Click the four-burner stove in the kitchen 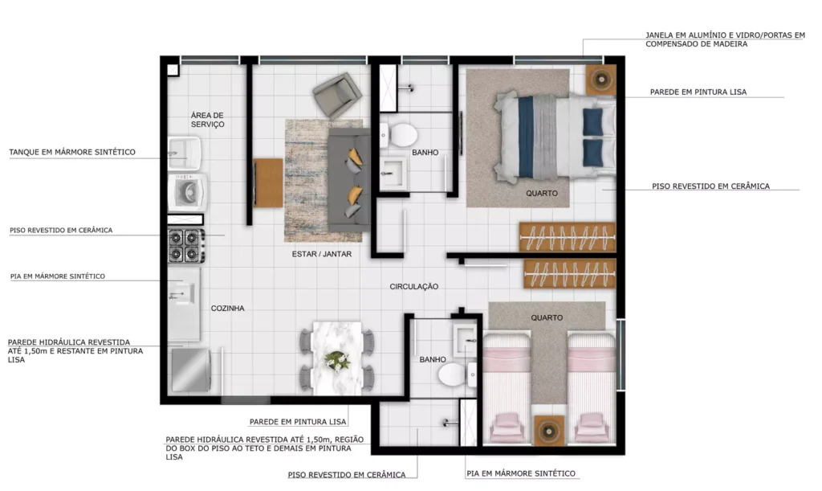[x=186, y=246]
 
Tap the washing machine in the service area [x=187, y=193]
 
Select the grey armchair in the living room [x=338, y=95]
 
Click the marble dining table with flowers [x=337, y=358]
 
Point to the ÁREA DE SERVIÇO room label [x=208, y=120]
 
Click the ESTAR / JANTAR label [x=322, y=254]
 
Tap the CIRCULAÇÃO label [x=413, y=286]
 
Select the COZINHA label [x=227, y=309]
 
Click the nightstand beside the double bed [x=600, y=80]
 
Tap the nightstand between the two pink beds [x=549, y=431]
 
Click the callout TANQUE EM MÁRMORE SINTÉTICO [x=72, y=152]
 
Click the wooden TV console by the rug [x=268, y=182]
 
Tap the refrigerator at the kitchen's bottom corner [x=190, y=370]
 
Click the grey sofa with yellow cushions [x=348, y=180]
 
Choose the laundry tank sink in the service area [x=185, y=153]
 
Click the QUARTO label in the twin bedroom [x=547, y=318]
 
